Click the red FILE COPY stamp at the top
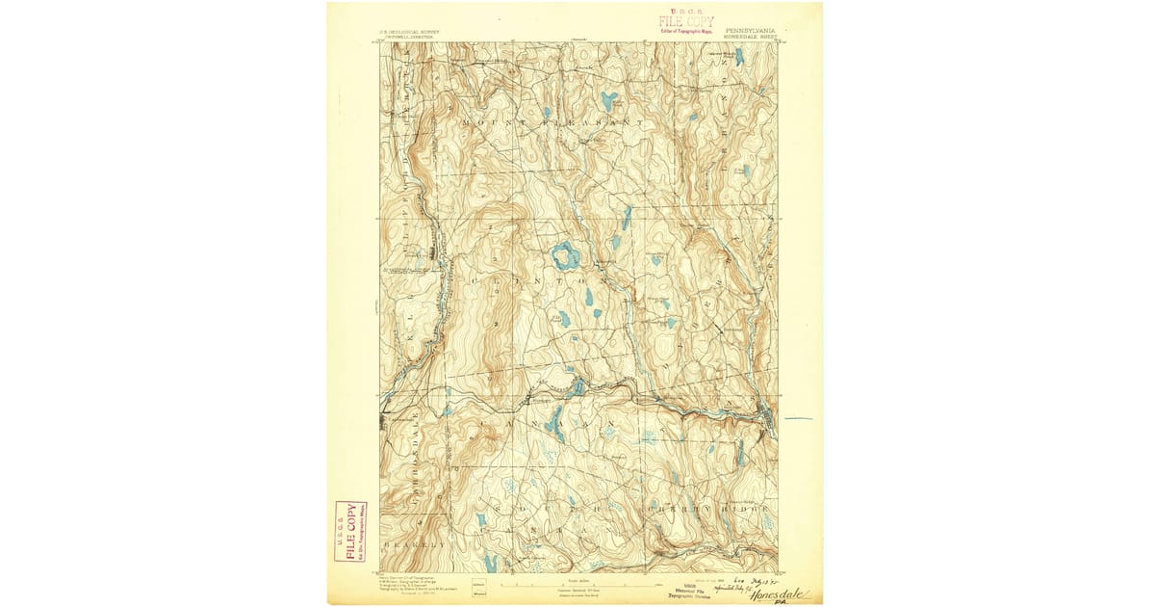click(x=686, y=21)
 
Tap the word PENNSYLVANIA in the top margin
click(x=751, y=30)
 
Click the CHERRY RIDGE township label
click(x=712, y=507)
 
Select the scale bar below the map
click(x=577, y=585)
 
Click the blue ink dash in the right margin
click(x=798, y=419)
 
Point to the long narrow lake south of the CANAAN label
click(x=554, y=420)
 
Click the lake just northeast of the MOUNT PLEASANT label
click(x=608, y=99)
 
